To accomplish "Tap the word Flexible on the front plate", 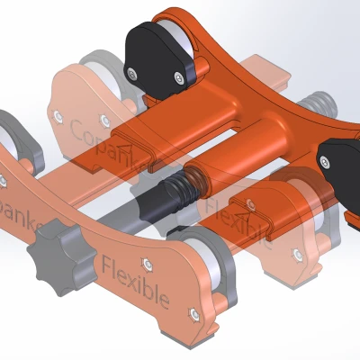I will tap(135, 283).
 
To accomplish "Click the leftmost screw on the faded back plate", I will tap(59, 116).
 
